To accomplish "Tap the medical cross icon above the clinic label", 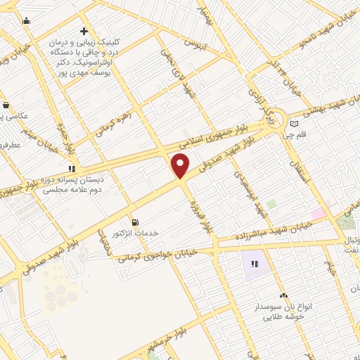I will pyautogui.click(x=84, y=31).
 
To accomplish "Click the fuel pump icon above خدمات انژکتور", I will pyautogui.click(x=135, y=220).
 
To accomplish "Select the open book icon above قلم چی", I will pyautogui.click(x=294, y=124).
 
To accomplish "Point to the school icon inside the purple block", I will pyautogui.click(x=255, y=264).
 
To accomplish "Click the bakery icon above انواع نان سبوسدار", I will pyautogui.click(x=283, y=296).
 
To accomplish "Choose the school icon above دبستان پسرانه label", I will pyautogui.click(x=71, y=169).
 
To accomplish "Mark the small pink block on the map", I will pyautogui.click(x=318, y=212).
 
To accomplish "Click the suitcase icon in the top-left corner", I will pyautogui.click(x=27, y=20).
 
